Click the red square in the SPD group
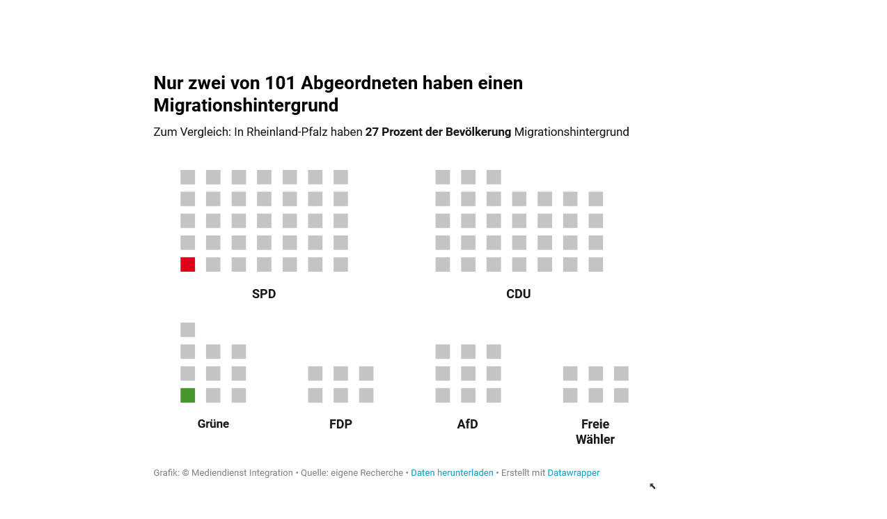tap(187, 265)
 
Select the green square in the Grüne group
tap(187, 396)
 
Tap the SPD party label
tap(264, 294)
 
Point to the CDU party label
tap(518, 294)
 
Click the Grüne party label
tap(213, 424)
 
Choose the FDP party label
tap(340, 424)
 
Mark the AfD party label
tap(467, 424)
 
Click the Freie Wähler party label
tap(595, 432)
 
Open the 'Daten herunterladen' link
tap(452, 473)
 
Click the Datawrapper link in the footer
tap(573, 473)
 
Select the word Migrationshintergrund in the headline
tap(246, 106)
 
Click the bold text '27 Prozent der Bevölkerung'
tap(438, 132)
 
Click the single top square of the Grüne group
tap(187, 330)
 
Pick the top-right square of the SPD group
tap(340, 178)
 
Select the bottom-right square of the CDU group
tap(595, 265)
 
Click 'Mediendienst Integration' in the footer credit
tap(242, 473)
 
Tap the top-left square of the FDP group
tap(315, 373)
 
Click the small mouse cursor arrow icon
tap(652, 486)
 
